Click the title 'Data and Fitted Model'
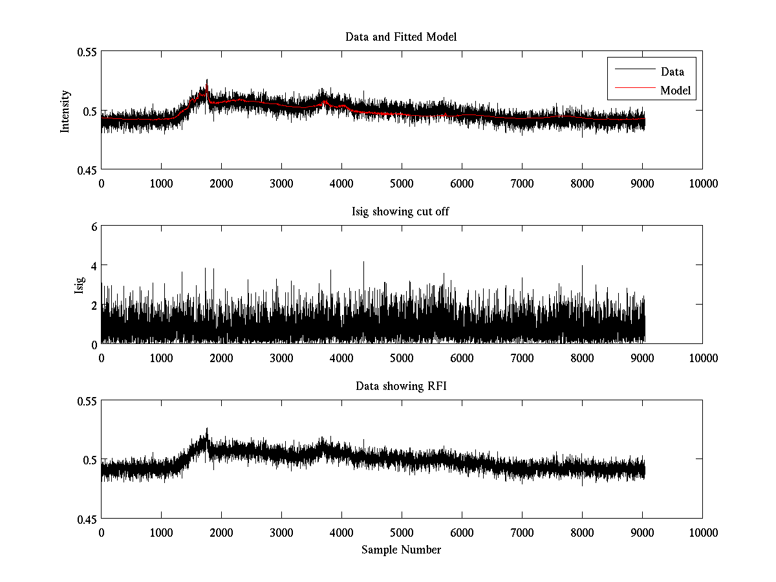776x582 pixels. [x=401, y=37]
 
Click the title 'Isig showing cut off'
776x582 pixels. [x=401, y=211]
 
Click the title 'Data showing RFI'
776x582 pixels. [x=401, y=386]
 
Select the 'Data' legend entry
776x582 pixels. [x=672, y=72]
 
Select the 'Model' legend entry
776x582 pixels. [x=675, y=91]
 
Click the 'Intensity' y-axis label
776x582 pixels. [x=65, y=111]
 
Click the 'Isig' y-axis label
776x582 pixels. [x=80, y=285]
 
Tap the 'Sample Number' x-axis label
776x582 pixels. [x=401, y=550]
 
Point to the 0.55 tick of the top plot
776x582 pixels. [x=87, y=52]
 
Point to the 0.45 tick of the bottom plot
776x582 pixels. [x=87, y=519]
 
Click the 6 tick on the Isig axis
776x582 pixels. [x=93, y=227]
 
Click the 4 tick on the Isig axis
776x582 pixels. [x=93, y=266]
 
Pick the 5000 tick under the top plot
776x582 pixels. [x=402, y=184]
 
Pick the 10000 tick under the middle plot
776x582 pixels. [x=702, y=358]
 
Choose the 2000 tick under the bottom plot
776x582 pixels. [x=221, y=533]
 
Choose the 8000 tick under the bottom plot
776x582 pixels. [x=582, y=533]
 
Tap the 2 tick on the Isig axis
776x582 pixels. [x=93, y=305]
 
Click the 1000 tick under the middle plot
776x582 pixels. [x=161, y=358]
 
